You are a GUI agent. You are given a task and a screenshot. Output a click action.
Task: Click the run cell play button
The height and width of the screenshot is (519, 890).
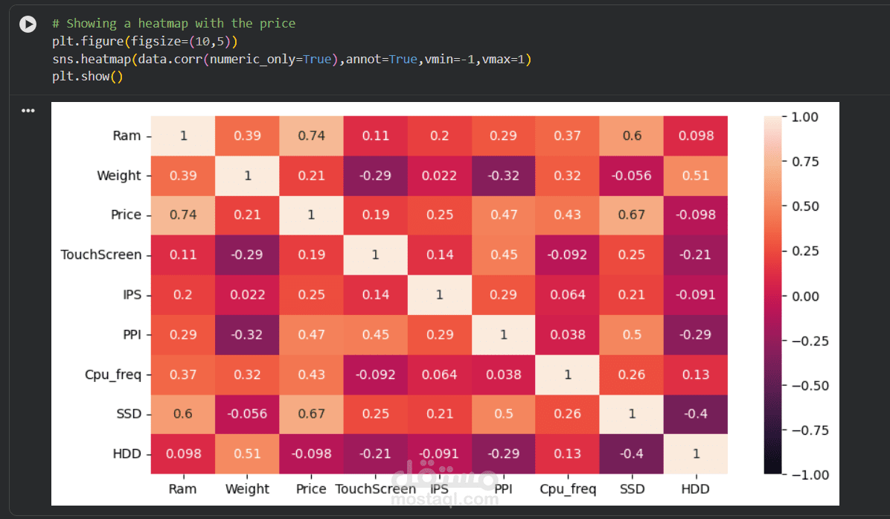[x=28, y=25]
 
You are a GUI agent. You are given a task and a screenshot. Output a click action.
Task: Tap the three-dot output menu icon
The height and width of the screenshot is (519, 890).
[x=28, y=111]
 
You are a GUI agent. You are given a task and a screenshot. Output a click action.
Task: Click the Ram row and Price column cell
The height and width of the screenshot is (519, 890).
[x=311, y=136]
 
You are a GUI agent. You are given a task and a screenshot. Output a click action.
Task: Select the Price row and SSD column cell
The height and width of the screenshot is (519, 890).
[x=632, y=214]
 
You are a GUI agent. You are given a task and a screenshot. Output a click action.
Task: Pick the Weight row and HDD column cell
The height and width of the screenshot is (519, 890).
[x=696, y=175]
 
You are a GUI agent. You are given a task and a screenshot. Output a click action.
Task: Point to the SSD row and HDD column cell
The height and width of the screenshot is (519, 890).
[x=696, y=414]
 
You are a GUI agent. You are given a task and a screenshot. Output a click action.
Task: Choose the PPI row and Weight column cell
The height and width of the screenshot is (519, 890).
[x=247, y=334]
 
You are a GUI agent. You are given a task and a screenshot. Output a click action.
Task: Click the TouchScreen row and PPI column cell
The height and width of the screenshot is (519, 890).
[x=504, y=255]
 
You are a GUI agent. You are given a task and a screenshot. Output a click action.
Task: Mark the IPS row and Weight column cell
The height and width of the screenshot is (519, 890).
[x=247, y=295]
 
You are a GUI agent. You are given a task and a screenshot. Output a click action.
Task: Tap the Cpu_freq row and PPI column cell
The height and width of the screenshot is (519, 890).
[x=504, y=375]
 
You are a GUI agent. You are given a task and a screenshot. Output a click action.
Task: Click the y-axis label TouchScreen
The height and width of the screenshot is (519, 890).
[x=100, y=255]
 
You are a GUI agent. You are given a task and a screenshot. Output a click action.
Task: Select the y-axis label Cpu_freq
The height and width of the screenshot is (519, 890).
[x=112, y=375]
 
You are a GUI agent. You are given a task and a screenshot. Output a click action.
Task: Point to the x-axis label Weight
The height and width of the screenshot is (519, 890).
[x=247, y=489]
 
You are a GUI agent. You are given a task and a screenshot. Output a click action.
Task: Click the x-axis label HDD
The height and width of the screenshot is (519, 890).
[x=696, y=489]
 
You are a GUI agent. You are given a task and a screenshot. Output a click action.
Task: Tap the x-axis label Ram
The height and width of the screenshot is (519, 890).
[x=183, y=489]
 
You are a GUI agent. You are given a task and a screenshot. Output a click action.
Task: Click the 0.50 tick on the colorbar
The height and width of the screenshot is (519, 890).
[x=803, y=206]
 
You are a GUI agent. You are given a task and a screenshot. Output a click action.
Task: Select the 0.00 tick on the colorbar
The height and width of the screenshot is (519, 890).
[x=803, y=296]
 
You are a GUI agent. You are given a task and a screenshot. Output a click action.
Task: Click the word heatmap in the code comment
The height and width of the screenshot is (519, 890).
[x=163, y=24]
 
